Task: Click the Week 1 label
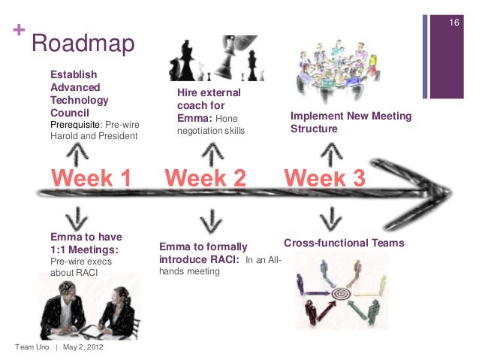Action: (x=91, y=178)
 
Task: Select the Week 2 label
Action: (x=205, y=178)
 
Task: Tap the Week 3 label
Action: (x=324, y=178)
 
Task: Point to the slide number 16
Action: (x=453, y=23)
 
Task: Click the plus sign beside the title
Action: (x=17, y=32)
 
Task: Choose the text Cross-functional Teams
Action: (x=344, y=244)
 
